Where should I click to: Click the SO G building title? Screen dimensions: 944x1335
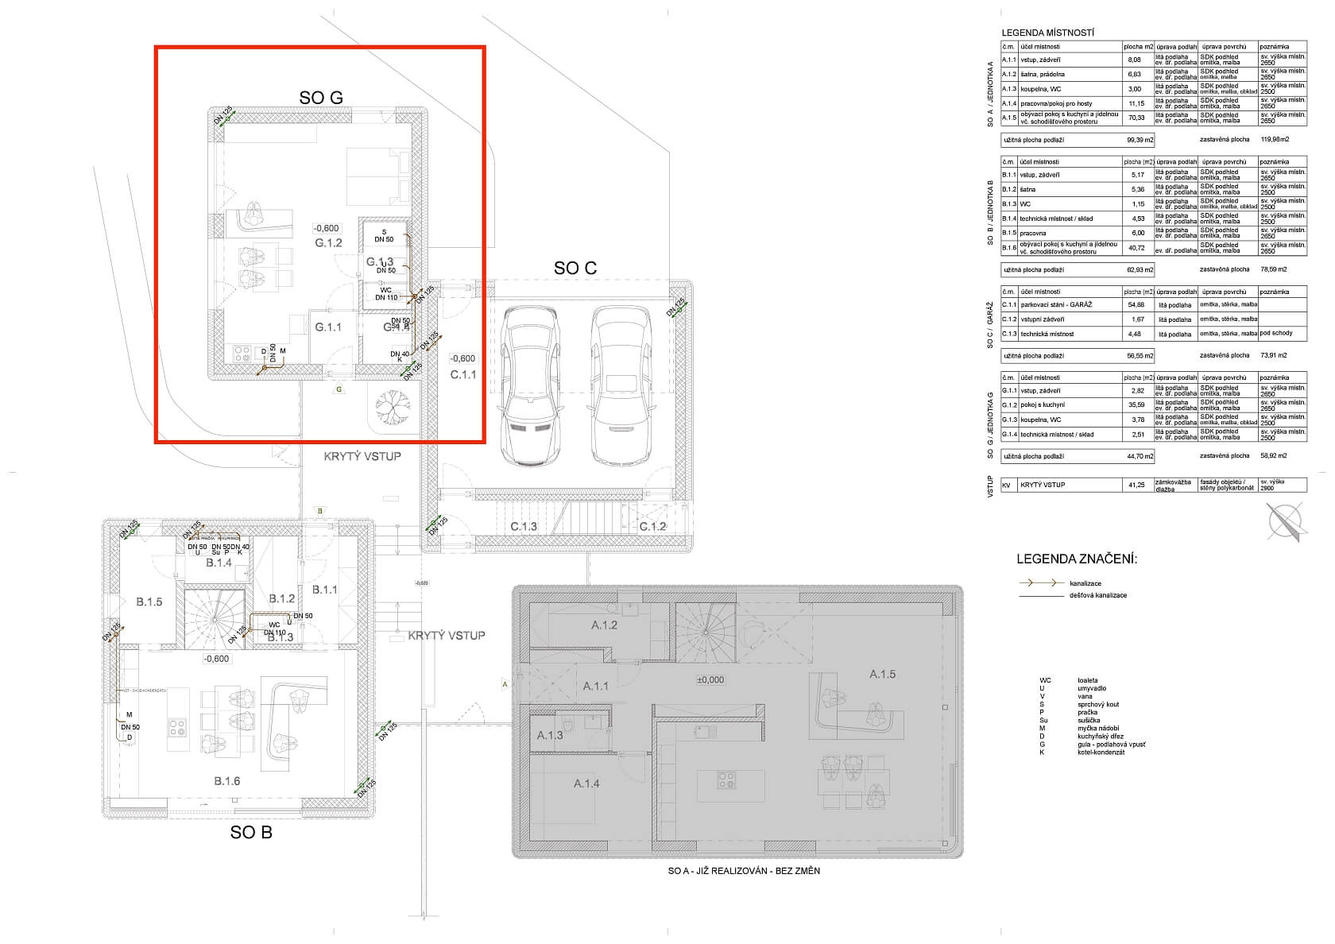click(321, 97)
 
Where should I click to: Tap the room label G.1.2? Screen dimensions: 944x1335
click(327, 242)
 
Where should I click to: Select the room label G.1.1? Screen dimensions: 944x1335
click(327, 327)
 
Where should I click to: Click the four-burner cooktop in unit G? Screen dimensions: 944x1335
click(241, 352)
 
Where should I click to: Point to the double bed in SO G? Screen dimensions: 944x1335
click(377, 176)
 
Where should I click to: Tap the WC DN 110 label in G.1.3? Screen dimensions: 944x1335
click(386, 294)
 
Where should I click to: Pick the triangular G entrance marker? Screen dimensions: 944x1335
click(339, 389)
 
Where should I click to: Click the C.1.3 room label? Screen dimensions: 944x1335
click(523, 526)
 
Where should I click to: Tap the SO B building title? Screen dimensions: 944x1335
click(251, 832)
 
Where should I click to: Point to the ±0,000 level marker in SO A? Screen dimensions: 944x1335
click(710, 679)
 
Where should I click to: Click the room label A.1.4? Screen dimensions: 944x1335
click(586, 783)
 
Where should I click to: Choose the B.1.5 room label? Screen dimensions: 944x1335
click(149, 602)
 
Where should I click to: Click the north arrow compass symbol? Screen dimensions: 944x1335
click(1285, 523)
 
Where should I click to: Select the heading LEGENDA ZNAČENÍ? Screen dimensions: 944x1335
click(1076, 559)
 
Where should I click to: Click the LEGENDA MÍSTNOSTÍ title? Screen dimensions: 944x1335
click(1048, 33)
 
